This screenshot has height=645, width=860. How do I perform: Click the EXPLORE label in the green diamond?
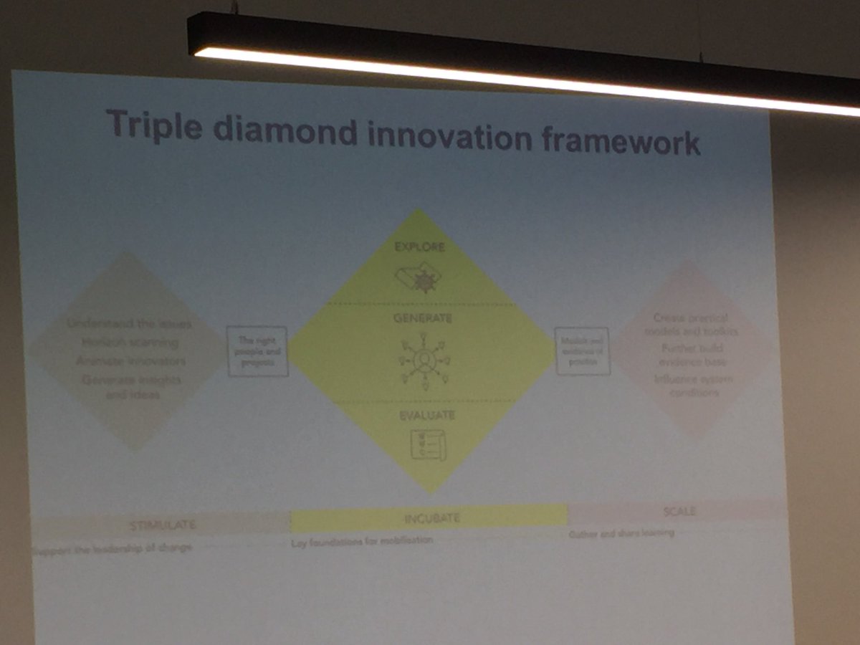(419, 247)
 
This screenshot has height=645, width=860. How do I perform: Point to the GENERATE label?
(422, 317)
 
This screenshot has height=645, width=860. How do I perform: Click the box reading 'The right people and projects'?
(257, 351)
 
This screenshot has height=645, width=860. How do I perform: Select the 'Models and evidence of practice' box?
(582, 350)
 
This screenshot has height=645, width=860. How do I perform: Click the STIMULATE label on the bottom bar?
(163, 525)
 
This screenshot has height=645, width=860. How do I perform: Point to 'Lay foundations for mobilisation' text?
(362, 541)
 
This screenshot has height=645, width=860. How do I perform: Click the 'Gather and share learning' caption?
(621, 534)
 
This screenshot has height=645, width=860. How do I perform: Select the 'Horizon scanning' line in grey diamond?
(130, 342)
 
